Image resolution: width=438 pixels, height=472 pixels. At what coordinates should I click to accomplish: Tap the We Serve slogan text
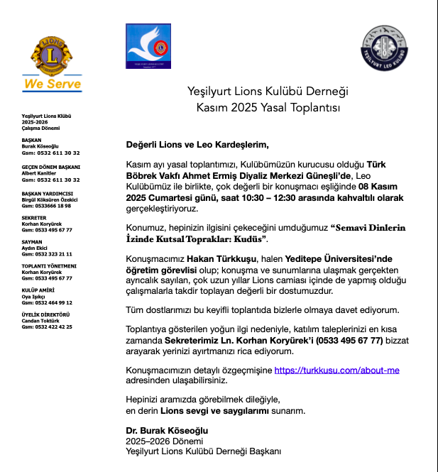coord(53,84)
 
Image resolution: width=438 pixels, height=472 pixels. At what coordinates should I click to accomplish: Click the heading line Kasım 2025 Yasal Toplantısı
coord(268,107)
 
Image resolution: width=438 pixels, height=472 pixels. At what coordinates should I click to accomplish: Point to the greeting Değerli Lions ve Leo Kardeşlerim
coord(197,146)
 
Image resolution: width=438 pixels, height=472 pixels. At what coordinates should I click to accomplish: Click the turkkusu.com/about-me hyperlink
coord(336,371)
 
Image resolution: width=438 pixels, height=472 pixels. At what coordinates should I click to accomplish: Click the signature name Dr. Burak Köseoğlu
coord(167,431)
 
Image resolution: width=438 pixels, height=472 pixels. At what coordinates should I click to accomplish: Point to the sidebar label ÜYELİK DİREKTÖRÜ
coord(45,314)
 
